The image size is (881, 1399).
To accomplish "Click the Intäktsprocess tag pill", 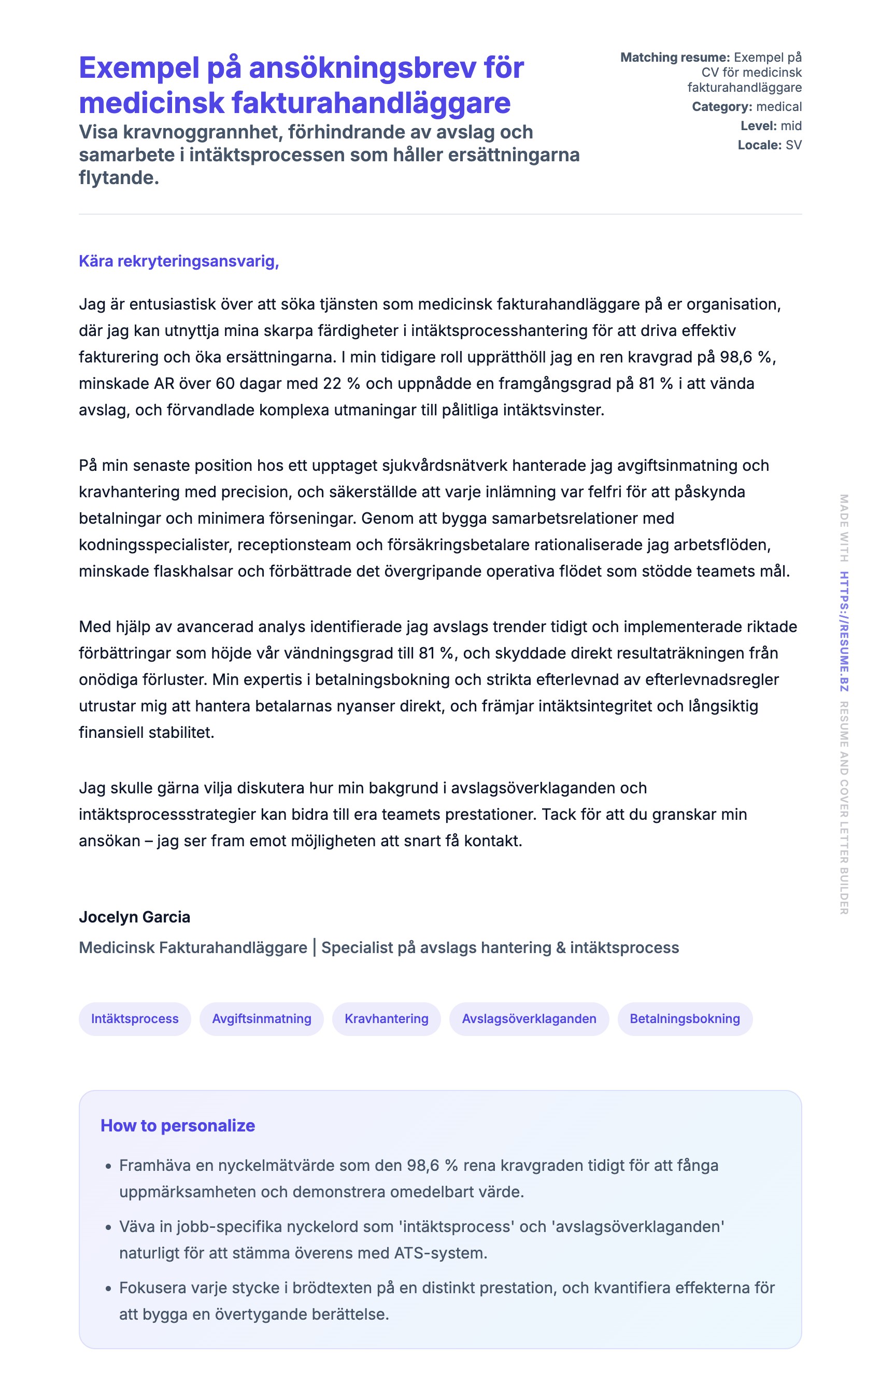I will (x=135, y=1018).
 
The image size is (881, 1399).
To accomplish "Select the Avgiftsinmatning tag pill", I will (x=261, y=1018).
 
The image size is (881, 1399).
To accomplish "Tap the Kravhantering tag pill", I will (x=386, y=1018).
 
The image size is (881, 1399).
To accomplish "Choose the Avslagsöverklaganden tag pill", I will (x=529, y=1018).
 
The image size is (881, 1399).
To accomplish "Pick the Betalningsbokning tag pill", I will (x=684, y=1018).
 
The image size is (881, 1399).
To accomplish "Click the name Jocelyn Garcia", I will (x=135, y=917).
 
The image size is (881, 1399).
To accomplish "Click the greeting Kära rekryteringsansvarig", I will (x=179, y=261).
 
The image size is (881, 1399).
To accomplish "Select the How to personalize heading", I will (x=178, y=1125).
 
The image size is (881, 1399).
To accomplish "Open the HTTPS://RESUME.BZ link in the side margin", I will (x=844, y=632).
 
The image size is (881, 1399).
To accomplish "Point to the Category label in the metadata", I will (x=721, y=107).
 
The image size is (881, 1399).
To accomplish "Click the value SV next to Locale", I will (x=793, y=145).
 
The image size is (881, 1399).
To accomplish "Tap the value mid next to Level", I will (x=791, y=126).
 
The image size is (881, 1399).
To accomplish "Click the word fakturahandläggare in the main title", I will (x=371, y=103).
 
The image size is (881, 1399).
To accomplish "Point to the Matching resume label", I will (x=675, y=58).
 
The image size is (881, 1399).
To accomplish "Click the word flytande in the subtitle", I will (x=119, y=178).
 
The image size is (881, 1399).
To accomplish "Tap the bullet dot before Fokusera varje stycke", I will (x=108, y=1289).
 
